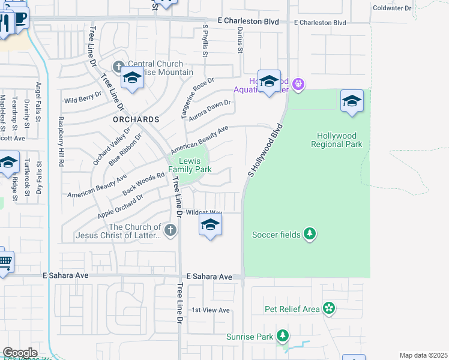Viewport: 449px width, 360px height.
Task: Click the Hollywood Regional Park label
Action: point(337,140)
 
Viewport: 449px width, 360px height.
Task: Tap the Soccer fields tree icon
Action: point(309,233)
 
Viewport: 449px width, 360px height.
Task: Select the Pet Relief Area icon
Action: point(329,309)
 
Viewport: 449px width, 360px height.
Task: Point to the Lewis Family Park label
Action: point(190,165)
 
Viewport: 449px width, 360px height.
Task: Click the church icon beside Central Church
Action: point(118,65)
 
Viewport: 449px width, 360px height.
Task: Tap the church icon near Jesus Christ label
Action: point(171,230)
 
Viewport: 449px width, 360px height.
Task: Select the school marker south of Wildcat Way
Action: point(209,226)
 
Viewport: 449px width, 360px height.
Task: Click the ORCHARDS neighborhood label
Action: point(136,119)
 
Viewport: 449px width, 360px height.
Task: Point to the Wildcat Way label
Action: point(204,212)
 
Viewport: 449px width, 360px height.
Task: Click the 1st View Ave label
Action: point(211,310)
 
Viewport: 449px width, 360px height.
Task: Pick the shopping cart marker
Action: point(5,262)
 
